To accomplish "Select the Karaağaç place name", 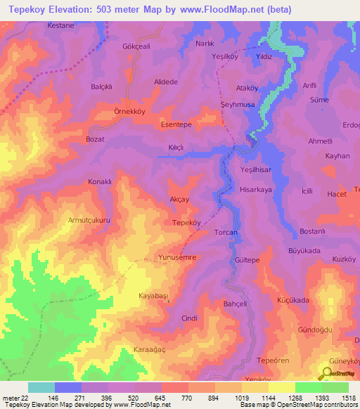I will [x=149, y=349].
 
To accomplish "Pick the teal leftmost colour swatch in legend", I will [x=41, y=387].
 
